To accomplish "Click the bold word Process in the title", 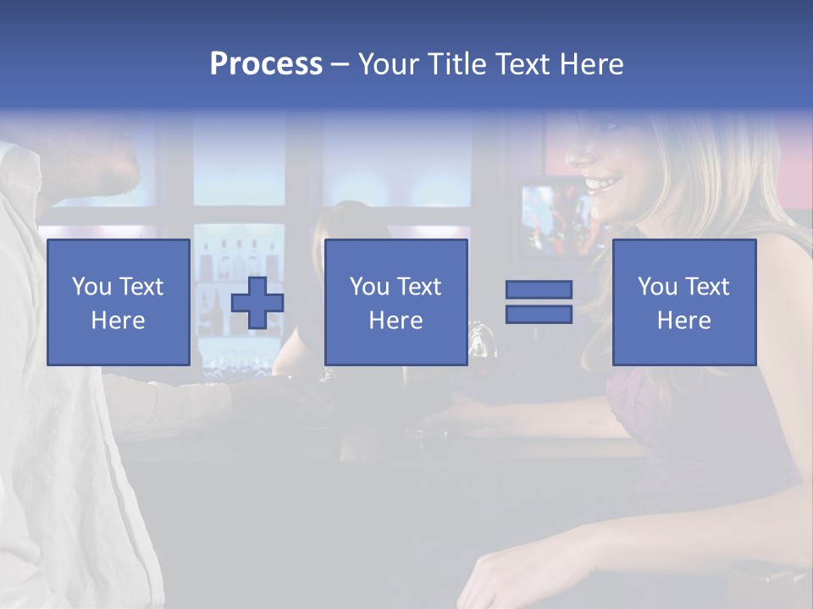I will coord(266,64).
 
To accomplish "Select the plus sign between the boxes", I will coord(257,303).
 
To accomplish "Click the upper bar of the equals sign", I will coord(539,290).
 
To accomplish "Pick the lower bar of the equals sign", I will coord(539,314).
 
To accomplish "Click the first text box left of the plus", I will coord(119,302).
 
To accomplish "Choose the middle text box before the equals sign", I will coord(395,302).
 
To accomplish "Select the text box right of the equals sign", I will coord(684,302).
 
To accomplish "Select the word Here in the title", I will coord(589,64).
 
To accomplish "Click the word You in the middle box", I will coord(369,287).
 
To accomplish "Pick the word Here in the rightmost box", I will coord(684,321).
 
